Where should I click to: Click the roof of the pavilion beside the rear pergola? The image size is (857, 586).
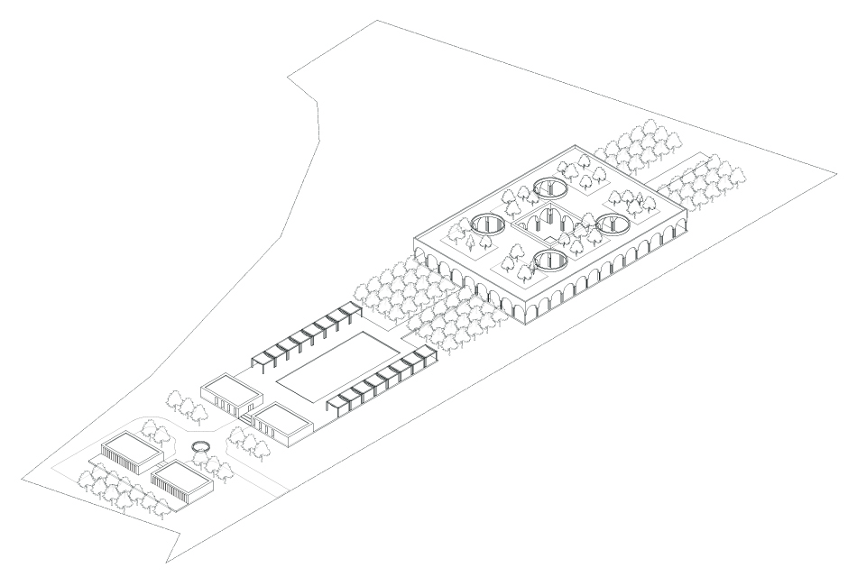[230, 389]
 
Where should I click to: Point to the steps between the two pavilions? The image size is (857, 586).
[245, 411]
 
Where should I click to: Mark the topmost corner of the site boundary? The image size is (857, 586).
[377, 20]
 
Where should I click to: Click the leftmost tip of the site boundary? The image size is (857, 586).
[20, 483]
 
